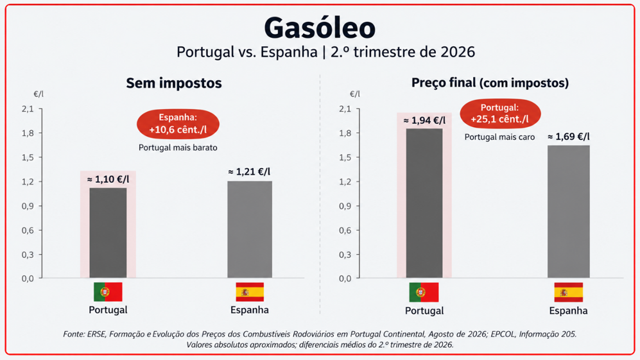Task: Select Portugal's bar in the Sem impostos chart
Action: [x=108, y=233]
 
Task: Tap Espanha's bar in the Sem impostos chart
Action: [x=250, y=229]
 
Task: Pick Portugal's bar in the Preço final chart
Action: [x=424, y=203]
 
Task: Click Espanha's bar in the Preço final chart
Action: [x=569, y=211]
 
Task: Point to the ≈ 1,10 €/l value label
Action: [x=108, y=180]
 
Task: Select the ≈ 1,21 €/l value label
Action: [x=249, y=172]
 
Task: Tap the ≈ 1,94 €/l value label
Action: [x=424, y=121]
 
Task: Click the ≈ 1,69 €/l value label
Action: [x=569, y=137]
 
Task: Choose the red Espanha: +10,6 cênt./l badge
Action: [x=178, y=124]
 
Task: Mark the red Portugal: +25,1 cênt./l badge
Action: [x=500, y=114]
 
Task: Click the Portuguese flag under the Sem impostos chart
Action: [x=108, y=292]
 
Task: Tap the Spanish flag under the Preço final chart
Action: [x=569, y=292]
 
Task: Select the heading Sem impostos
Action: [x=174, y=83]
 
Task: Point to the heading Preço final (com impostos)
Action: [x=490, y=83]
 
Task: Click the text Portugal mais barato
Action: [x=178, y=148]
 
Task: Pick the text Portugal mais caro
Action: [x=499, y=137]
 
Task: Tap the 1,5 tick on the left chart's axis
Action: [x=28, y=158]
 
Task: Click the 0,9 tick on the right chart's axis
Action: [x=345, y=206]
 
